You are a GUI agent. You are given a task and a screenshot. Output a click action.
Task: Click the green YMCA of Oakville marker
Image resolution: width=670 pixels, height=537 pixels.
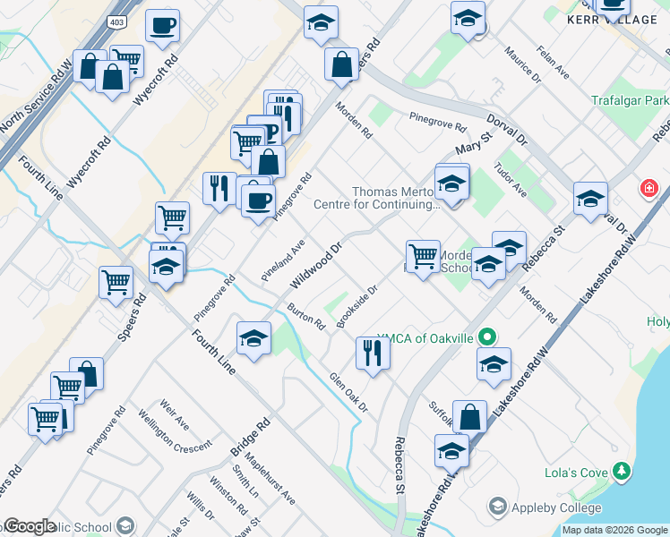[486, 337]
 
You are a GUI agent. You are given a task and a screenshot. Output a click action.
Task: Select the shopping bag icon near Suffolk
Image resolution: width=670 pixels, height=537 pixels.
[469, 416]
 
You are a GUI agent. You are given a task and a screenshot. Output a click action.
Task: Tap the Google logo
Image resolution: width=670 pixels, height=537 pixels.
[30, 526]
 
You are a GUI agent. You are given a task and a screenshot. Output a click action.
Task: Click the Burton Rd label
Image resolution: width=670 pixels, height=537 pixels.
[305, 316]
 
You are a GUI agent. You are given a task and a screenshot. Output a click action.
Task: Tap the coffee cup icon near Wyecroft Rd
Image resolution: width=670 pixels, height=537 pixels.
[162, 26]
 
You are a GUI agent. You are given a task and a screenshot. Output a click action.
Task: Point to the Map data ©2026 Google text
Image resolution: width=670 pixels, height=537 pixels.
[614, 530]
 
